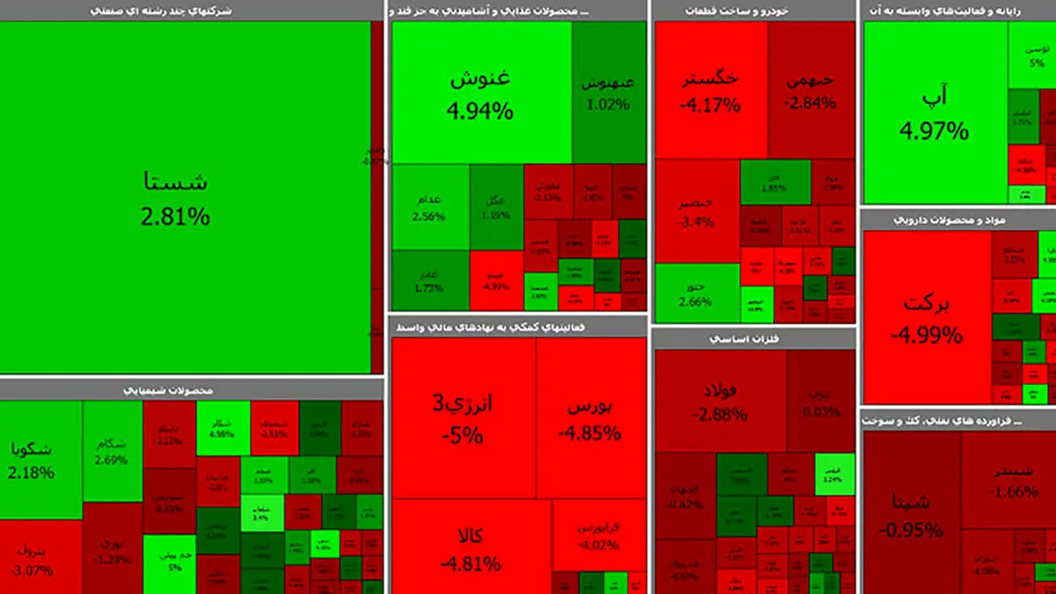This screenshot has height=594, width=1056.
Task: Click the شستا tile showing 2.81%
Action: point(176,198)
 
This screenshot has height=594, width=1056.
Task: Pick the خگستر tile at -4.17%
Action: point(710,91)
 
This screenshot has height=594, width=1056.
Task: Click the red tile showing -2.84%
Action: point(810,91)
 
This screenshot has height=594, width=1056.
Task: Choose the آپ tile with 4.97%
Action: point(935,114)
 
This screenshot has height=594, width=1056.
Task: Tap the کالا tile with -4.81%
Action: point(471,547)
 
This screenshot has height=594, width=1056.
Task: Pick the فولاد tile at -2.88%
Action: point(720,400)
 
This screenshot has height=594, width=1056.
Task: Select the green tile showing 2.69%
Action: point(113,451)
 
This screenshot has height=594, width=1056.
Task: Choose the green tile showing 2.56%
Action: point(430,207)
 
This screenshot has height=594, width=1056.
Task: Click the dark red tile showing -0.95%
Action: point(911,515)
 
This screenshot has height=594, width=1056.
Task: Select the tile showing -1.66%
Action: point(1008,480)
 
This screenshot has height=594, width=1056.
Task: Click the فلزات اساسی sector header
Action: point(754,338)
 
